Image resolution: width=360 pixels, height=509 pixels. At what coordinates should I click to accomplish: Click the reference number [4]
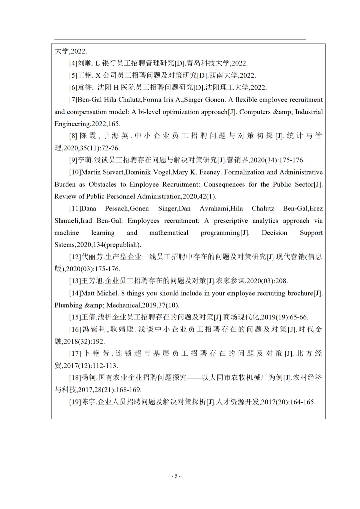tap(73, 63)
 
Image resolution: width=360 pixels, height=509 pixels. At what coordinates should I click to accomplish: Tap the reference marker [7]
tap(73, 100)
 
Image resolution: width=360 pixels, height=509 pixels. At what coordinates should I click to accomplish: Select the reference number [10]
tap(75, 172)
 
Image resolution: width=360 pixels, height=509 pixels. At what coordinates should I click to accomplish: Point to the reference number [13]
tap(75, 281)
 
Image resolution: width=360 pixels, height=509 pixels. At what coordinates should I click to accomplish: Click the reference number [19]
tap(75, 402)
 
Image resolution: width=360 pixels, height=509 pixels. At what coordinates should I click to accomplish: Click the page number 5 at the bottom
tap(176, 476)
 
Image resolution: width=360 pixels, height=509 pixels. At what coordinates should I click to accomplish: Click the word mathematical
tap(169, 233)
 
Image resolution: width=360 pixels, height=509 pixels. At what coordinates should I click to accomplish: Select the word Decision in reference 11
tap(274, 233)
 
